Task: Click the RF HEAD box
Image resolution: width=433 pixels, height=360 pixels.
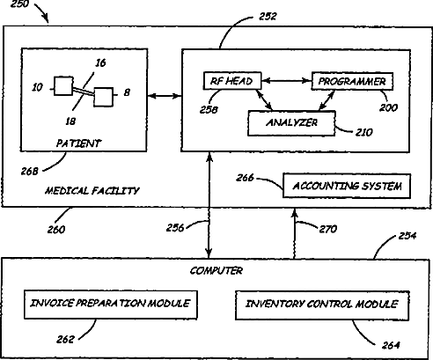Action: [x=232, y=81]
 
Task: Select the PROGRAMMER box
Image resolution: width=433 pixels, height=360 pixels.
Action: [x=352, y=81]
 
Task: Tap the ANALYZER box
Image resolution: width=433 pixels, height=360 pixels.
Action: [x=291, y=123]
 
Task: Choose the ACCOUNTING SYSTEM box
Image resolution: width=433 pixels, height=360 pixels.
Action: [x=347, y=186]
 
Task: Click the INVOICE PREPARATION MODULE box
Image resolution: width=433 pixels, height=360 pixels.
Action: [x=111, y=305]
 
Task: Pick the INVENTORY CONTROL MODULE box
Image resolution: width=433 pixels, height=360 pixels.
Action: [x=322, y=305]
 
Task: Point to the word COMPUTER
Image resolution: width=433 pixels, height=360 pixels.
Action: [x=216, y=270]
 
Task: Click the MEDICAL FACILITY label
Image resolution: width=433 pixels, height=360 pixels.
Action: [x=92, y=191]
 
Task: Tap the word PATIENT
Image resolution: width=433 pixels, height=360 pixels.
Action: [x=78, y=143]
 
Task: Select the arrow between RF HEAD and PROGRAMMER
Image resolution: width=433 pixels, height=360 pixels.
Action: [x=286, y=80]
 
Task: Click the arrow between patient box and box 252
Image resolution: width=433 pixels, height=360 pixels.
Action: [x=165, y=96]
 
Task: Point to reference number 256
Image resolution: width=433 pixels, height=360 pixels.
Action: [x=175, y=228]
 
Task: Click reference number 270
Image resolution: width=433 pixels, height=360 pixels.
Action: [x=328, y=229]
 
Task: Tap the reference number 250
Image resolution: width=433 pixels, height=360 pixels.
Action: [x=19, y=4]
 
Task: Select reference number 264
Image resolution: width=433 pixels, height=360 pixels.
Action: [x=391, y=345]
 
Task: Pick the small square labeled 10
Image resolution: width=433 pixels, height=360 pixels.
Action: [x=63, y=86]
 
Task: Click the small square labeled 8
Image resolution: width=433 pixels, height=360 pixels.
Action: [x=104, y=97]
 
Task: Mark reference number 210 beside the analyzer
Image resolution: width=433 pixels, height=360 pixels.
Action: [x=363, y=132]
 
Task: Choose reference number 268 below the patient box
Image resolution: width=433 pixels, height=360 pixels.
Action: [x=29, y=171]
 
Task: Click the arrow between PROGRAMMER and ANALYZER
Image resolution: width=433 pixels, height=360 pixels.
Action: [x=327, y=100]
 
